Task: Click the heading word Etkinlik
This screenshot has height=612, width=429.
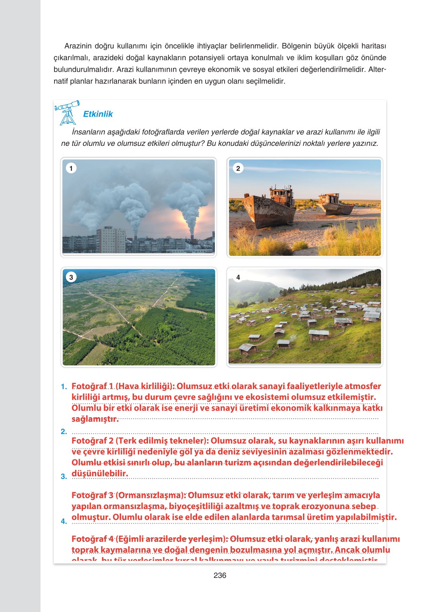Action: (x=98, y=114)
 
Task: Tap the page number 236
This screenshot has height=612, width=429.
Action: (x=220, y=575)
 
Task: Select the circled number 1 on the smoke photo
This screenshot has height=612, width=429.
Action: (x=71, y=168)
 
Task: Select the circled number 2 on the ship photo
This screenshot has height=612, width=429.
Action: (x=238, y=168)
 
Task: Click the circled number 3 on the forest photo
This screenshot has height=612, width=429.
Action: (x=71, y=277)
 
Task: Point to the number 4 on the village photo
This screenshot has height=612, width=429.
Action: (x=238, y=277)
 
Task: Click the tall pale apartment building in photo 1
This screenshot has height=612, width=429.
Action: (x=110, y=239)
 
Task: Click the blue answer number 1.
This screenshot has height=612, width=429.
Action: (x=64, y=387)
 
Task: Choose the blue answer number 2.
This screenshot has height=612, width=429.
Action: (x=64, y=432)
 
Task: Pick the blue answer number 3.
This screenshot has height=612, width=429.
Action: (x=64, y=476)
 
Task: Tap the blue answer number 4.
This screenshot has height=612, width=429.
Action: (x=64, y=521)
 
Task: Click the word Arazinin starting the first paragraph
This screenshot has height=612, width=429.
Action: (x=78, y=46)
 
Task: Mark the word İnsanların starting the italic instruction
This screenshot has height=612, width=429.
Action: (x=89, y=132)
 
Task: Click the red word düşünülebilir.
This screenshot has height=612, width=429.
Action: (x=100, y=473)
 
